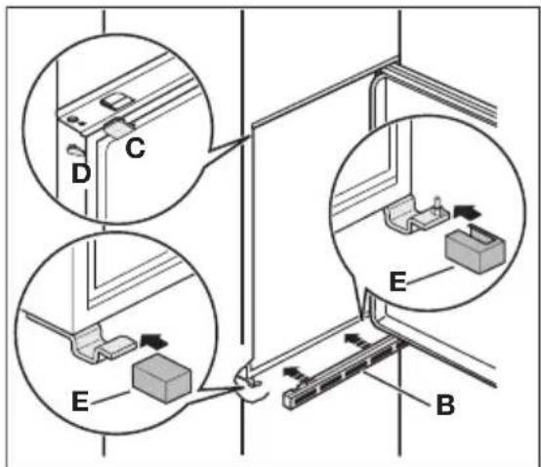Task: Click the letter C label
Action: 135,149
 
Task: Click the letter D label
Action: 81,173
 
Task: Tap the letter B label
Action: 445,404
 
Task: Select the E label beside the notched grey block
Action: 397,281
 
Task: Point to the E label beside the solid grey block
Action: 80,401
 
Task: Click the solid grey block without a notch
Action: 161,378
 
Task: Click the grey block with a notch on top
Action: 476,248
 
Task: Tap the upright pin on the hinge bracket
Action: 437,204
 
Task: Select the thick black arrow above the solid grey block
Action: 154,341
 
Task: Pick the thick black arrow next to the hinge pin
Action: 468,211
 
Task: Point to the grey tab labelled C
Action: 118,129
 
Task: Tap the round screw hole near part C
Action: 72,119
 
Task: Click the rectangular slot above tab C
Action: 117,102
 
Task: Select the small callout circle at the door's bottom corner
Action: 251,384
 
